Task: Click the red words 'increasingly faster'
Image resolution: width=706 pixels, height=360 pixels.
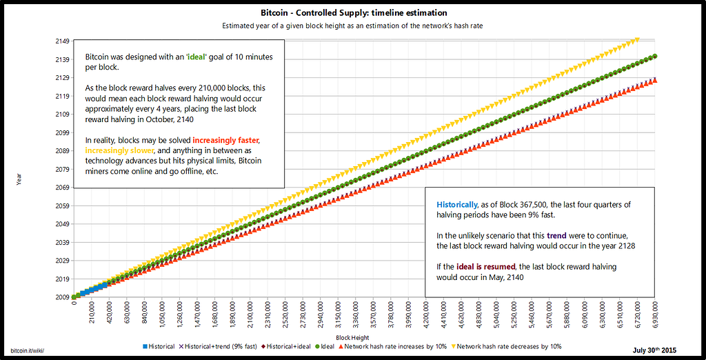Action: [x=226, y=140]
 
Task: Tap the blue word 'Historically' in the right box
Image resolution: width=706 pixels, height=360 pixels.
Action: [x=456, y=205]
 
